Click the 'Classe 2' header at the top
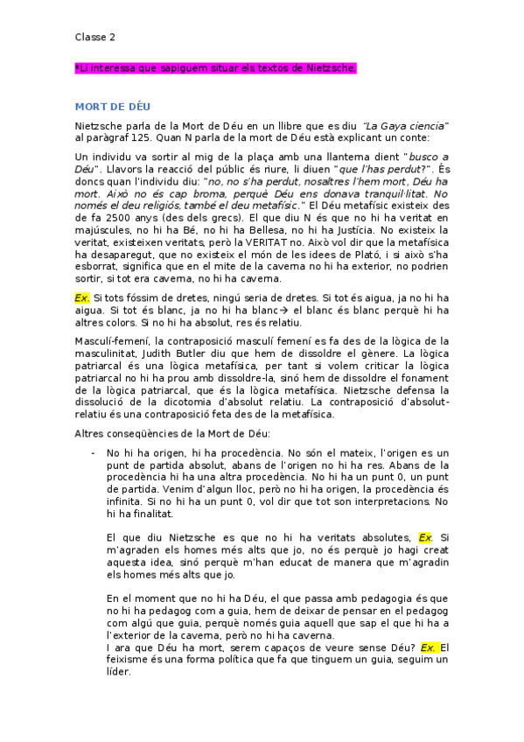pos(94,38)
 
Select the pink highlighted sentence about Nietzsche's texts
pos(217,68)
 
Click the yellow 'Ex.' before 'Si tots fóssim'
pos(82,297)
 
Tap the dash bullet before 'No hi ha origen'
pos(93,453)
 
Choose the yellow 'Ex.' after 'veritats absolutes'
pos(425,537)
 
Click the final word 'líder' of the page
pos(117,671)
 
